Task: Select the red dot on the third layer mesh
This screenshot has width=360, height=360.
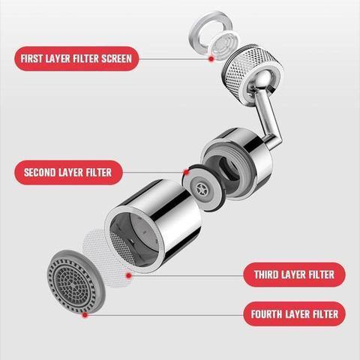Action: click(x=129, y=275)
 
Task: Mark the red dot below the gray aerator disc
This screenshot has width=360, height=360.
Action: click(x=85, y=315)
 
